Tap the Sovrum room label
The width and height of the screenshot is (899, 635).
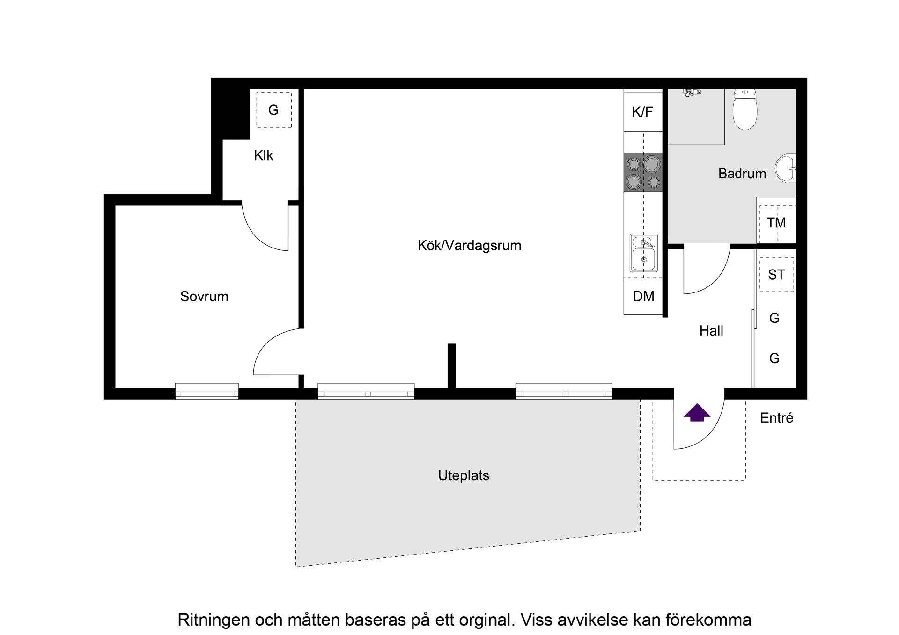[204, 296]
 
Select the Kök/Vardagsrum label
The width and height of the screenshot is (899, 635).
[469, 245]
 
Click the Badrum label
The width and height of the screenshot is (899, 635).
[742, 174]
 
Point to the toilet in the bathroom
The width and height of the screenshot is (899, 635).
[744, 109]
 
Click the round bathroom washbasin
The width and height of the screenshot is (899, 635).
[786, 168]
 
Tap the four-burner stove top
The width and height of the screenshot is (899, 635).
[643, 172]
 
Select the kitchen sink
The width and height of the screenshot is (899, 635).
[643, 253]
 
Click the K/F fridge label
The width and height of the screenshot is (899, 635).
[642, 112]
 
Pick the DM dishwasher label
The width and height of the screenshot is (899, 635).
[643, 296]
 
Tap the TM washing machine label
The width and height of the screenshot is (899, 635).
[776, 223]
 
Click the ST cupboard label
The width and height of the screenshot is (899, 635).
[776, 275]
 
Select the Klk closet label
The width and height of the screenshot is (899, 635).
[263, 155]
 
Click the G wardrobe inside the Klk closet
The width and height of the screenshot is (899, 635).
[273, 110]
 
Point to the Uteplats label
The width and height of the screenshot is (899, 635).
[464, 475]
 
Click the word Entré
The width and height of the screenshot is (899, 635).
[776, 418]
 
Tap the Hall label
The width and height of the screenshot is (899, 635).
[711, 331]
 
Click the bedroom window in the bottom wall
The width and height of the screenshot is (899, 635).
[206, 391]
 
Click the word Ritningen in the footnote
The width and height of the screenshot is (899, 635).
[213, 620]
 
